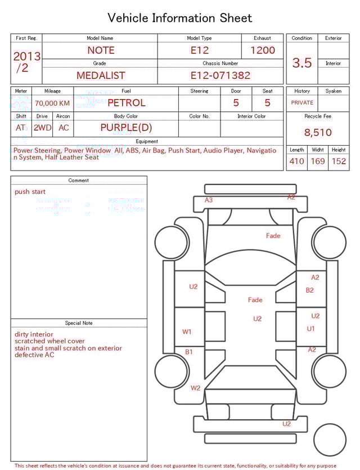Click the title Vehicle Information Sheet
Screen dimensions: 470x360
coord(180,18)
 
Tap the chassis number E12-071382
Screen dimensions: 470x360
coord(220,75)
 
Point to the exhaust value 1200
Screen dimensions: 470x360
coord(263,50)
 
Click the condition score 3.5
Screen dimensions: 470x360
coord(302,62)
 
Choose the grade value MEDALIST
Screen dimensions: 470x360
coord(101,75)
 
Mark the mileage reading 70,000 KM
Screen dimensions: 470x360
coord(52,104)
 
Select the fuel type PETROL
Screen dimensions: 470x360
coord(126,103)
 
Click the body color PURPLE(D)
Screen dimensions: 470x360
coord(126,128)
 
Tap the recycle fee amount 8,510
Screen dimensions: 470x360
coord(318,133)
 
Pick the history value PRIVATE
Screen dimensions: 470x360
coord(302,103)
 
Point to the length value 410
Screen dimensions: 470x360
coord(296,162)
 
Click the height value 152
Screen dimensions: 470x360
coord(339,162)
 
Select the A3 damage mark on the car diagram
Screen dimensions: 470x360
coord(209,200)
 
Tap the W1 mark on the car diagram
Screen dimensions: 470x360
coord(187,332)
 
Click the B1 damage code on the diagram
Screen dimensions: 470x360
coord(189,352)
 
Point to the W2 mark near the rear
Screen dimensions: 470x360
coord(195,388)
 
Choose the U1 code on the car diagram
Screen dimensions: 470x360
coord(310,329)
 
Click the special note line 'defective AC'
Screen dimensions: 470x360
coord(34,355)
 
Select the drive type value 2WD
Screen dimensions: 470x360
coord(42,128)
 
